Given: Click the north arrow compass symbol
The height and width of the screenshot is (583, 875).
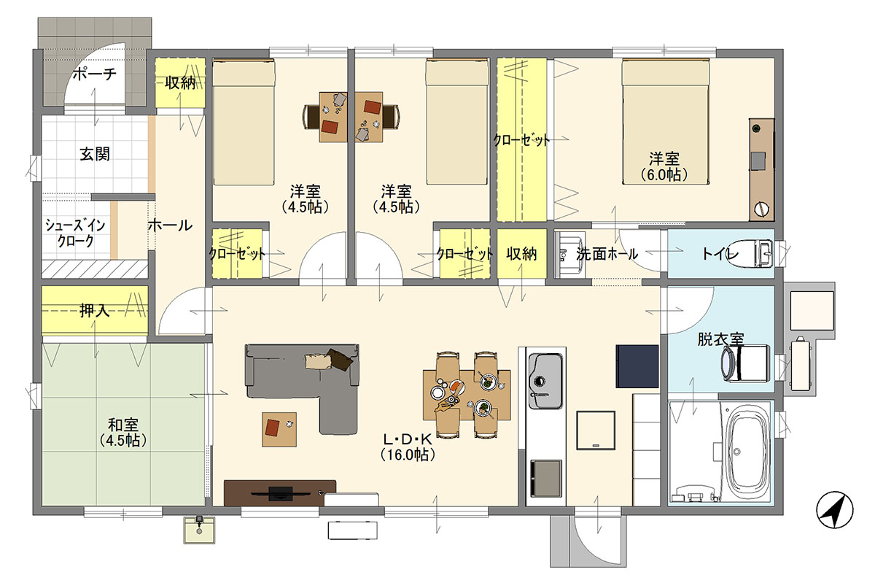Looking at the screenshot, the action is click(x=835, y=510).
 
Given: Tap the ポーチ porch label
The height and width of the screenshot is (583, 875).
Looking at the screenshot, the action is click(x=95, y=74).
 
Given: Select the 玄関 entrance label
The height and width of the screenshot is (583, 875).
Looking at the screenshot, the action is click(x=95, y=154).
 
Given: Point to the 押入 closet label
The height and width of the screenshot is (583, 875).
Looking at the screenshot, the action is click(x=95, y=310).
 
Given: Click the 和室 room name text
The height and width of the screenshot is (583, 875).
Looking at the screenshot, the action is click(x=123, y=425).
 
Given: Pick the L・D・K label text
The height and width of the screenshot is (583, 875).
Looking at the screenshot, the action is click(x=408, y=439).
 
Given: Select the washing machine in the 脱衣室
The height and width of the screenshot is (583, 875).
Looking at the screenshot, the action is click(x=745, y=363).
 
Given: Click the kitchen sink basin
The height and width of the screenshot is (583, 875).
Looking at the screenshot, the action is click(x=545, y=380).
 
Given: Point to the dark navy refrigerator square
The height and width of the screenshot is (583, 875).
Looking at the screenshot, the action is click(x=637, y=366).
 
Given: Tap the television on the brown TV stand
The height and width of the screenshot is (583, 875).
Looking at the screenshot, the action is click(x=272, y=493).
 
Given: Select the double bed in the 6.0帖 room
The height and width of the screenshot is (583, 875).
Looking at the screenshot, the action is click(x=666, y=121).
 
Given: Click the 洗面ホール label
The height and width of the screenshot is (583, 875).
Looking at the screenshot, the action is click(x=607, y=254).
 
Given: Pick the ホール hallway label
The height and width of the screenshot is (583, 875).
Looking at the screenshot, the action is click(x=170, y=225).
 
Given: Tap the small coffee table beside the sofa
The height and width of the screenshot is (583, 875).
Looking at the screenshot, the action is click(x=279, y=429).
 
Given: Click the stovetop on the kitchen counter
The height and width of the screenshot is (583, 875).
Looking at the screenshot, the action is click(x=545, y=478).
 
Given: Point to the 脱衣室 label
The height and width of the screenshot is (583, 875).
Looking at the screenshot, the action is click(x=720, y=339).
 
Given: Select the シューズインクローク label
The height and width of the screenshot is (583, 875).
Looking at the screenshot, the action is click(x=75, y=233).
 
